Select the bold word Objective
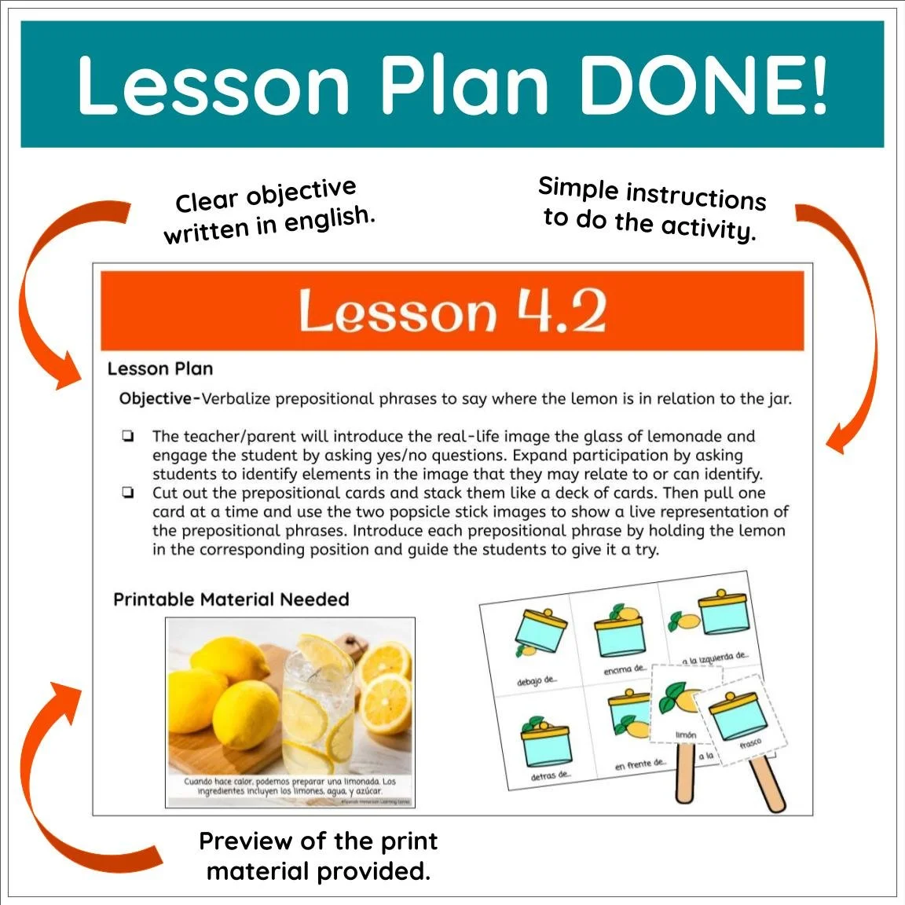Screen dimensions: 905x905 click(x=156, y=399)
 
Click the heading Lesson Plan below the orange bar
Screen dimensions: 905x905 click(x=160, y=368)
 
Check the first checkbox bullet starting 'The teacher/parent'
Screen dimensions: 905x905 click(x=128, y=437)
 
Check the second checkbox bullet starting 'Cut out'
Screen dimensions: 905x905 click(x=128, y=493)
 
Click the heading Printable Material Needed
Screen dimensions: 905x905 click(x=231, y=599)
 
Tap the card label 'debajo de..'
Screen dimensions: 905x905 click(x=537, y=680)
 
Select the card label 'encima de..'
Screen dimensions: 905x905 click(x=625, y=670)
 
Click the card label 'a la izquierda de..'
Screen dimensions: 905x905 click(x=715, y=658)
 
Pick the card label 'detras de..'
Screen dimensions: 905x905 click(x=550, y=776)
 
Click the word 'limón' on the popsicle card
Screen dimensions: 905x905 click(x=686, y=735)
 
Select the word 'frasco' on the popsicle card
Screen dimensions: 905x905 click(x=750, y=743)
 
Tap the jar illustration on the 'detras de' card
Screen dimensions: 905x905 click(x=545, y=738)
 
